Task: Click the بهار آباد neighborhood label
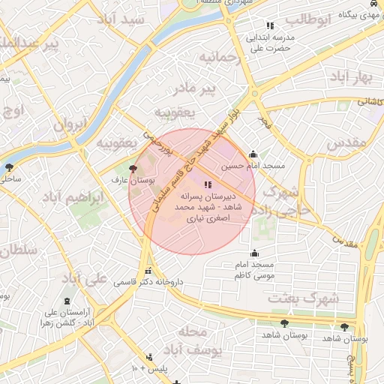[350, 77]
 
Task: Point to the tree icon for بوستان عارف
[133, 169]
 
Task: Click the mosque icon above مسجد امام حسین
[253, 154]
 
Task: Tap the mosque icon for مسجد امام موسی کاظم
[254, 253]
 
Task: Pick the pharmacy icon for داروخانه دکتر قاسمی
[148, 271]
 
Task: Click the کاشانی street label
[367, 100]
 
